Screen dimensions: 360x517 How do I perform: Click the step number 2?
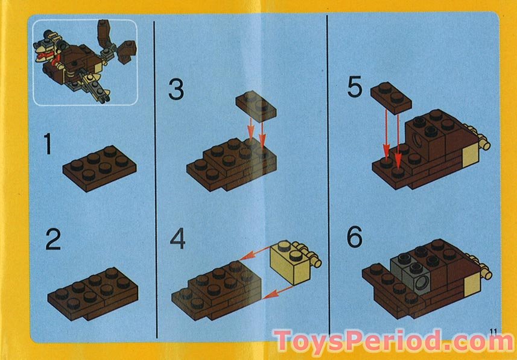click(54, 240)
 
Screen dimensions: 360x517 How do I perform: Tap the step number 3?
click(176, 90)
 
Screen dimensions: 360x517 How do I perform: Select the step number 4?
click(177, 239)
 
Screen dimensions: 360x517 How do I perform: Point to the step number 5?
click(356, 87)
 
